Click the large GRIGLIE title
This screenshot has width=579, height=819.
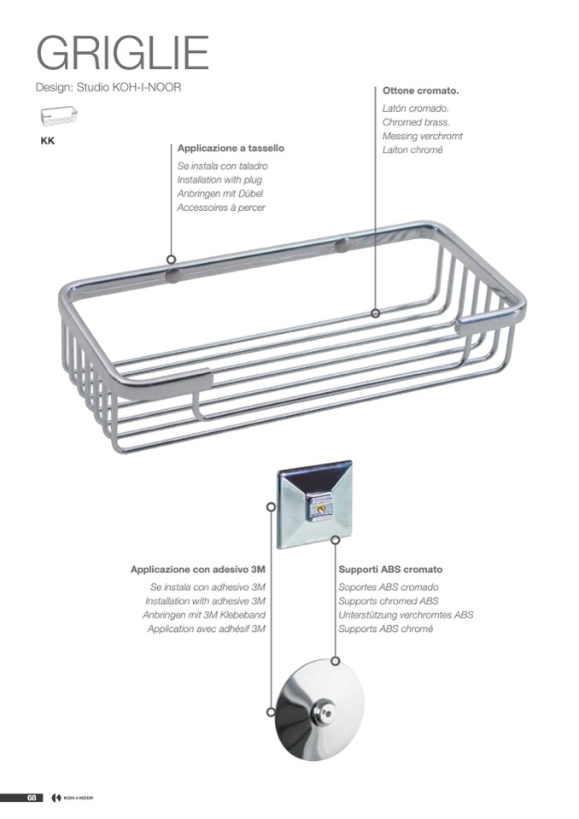(x=122, y=52)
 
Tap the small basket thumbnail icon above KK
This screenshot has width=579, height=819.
(x=58, y=115)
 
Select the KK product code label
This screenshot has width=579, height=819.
(x=48, y=141)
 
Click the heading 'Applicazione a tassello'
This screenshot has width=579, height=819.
(x=231, y=149)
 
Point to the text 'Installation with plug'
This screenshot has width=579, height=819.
(x=219, y=179)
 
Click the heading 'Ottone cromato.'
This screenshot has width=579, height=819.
(x=420, y=91)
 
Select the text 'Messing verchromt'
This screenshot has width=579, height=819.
(x=422, y=136)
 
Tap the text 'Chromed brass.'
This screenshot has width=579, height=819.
(x=416, y=122)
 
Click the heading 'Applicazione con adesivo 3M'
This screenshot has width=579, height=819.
(x=198, y=570)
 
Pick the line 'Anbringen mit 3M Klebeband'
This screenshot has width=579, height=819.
(x=204, y=615)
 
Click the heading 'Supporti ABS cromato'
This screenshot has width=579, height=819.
(x=390, y=570)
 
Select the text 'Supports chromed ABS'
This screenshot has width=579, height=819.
(x=389, y=601)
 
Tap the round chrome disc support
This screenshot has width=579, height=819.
(x=319, y=709)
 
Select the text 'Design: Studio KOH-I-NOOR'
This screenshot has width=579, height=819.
(x=108, y=87)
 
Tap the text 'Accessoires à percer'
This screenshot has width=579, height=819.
(x=221, y=208)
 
